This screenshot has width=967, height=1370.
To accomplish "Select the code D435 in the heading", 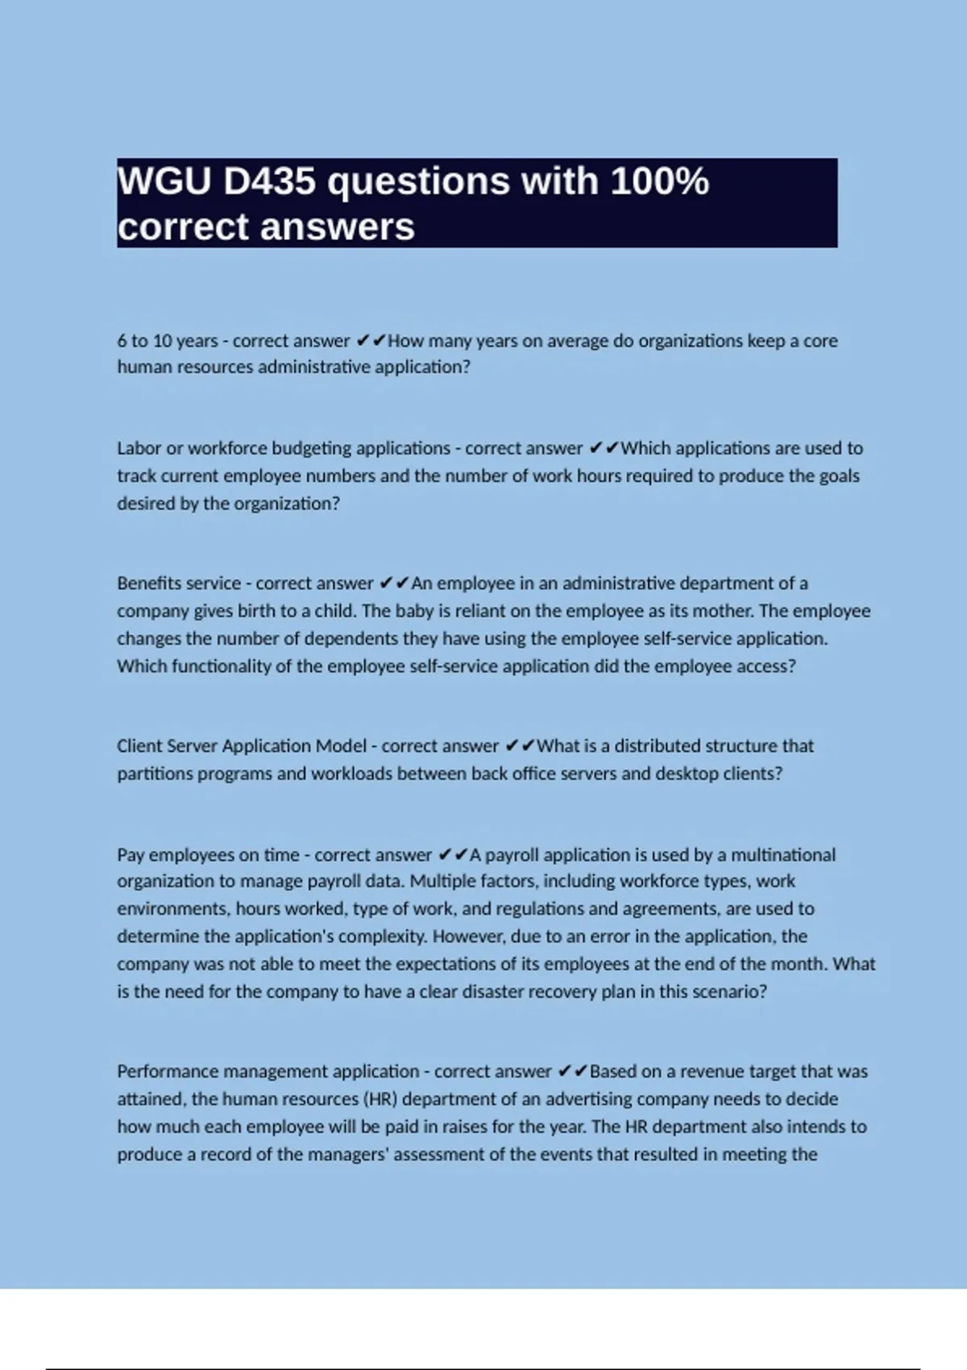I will (x=269, y=181).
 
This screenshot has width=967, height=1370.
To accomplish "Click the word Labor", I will (x=139, y=448).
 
